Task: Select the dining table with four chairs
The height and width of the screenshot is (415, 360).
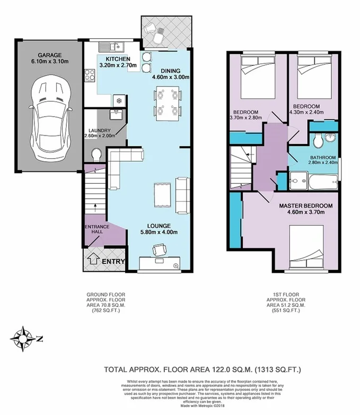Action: [x=166, y=102]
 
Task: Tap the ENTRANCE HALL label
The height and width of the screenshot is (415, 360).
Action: [x=97, y=230]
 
